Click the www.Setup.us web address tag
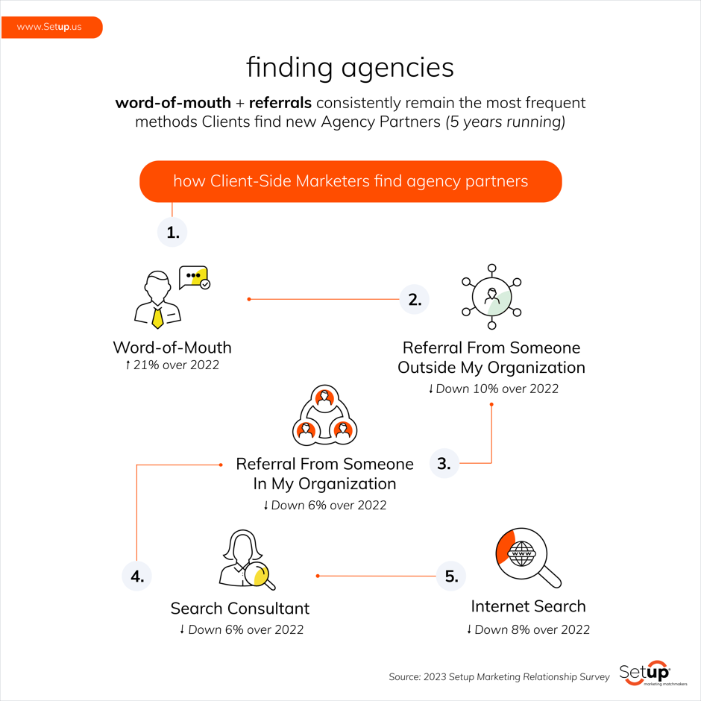coord(50,27)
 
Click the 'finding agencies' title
coord(350,68)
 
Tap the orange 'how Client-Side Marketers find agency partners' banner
coord(350,181)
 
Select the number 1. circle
coord(172,233)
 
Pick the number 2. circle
coord(415,300)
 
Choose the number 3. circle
coord(444,463)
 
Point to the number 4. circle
coord(136,576)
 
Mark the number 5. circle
coord(450,576)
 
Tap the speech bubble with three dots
coord(195,277)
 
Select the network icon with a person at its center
coord(491,297)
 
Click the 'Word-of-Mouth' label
coord(172,348)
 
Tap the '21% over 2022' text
coord(172,365)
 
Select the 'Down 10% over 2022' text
coord(493,389)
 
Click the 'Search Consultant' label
coord(240,609)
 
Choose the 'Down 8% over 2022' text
coord(528,629)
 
